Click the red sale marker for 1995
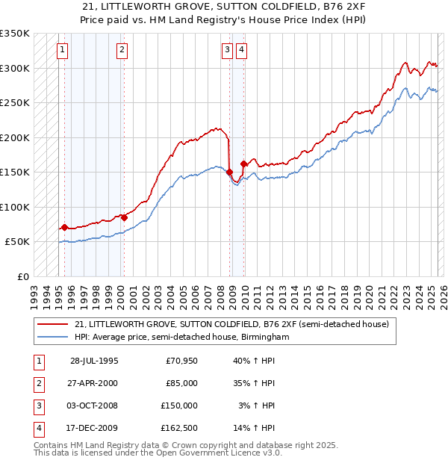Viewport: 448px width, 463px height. pyautogui.click(x=65, y=227)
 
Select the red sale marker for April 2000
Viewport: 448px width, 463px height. pyautogui.click(x=124, y=217)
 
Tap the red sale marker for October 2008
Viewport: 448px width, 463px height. pyautogui.click(x=229, y=173)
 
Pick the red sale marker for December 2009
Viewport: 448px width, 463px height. pyautogui.click(x=244, y=164)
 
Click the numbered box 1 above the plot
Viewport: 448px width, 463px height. pyautogui.click(x=62, y=50)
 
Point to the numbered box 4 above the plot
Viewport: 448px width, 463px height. pyautogui.click(x=243, y=50)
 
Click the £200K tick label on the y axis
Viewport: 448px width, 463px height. pyautogui.click(x=15, y=137)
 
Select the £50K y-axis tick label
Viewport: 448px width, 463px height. pyautogui.click(x=18, y=242)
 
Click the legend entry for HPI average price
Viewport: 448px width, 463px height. pyautogui.click(x=181, y=338)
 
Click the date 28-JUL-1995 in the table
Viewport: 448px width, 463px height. pyautogui.click(x=94, y=361)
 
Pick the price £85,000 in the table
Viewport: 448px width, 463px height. pyautogui.click(x=181, y=383)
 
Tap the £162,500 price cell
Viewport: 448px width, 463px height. pyautogui.click(x=179, y=428)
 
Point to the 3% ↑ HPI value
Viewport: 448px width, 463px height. pyautogui.click(x=256, y=405)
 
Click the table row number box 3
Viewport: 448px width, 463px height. pyautogui.click(x=38, y=405)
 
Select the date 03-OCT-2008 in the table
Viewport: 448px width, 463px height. pyautogui.click(x=94, y=405)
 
